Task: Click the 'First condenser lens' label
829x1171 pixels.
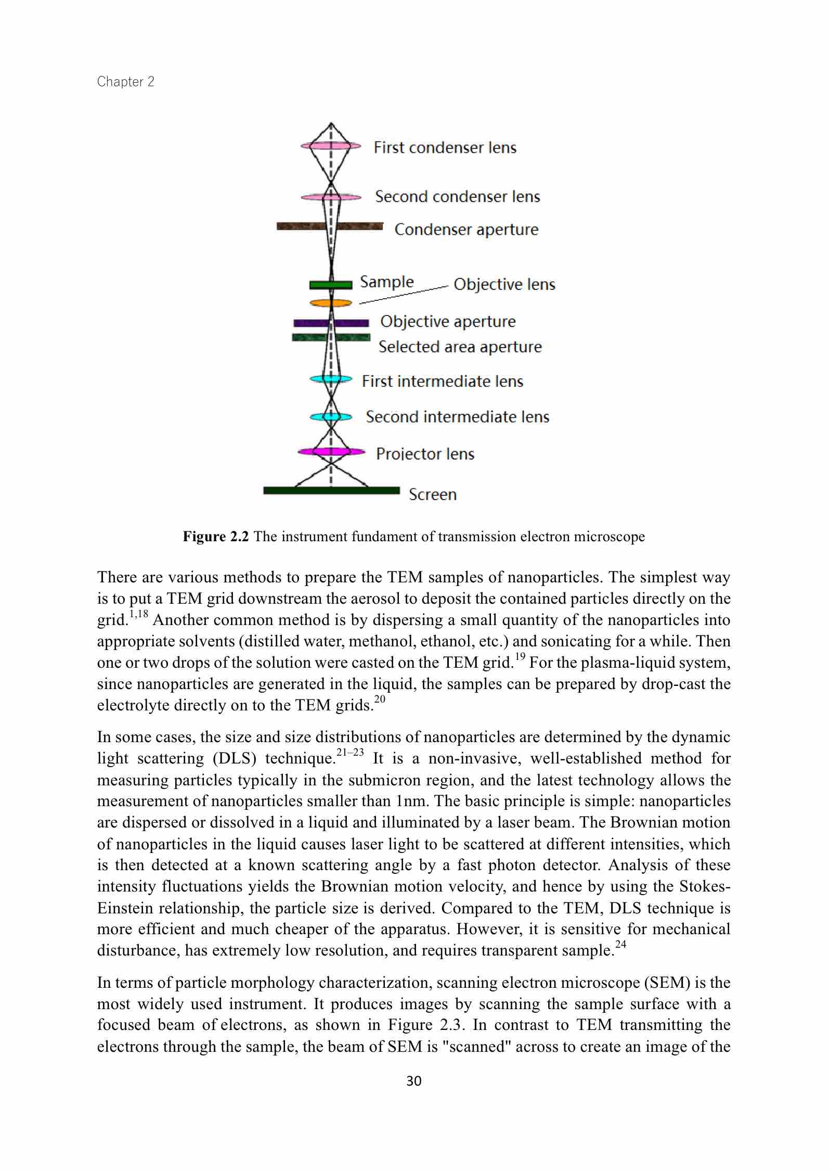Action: coord(445,148)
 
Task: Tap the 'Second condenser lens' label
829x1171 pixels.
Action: coord(457,197)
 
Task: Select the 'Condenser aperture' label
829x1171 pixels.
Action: coord(466,230)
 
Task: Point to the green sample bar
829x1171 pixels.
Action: coord(331,285)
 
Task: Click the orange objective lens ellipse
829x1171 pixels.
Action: coord(331,303)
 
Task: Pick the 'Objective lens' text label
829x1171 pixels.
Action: coord(504,284)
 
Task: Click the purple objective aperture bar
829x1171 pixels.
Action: coord(331,323)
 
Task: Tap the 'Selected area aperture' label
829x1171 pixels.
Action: coord(460,347)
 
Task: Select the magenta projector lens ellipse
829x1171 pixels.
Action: coord(331,451)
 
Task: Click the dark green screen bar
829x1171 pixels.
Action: coord(331,490)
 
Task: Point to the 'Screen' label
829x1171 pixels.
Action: coord(432,494)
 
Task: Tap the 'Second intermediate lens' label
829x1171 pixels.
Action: coord(457,417)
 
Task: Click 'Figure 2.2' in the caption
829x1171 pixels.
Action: coord(216,537)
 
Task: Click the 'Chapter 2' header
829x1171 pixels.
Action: coord(126,82)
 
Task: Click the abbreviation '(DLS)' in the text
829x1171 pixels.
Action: coord(235,759)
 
